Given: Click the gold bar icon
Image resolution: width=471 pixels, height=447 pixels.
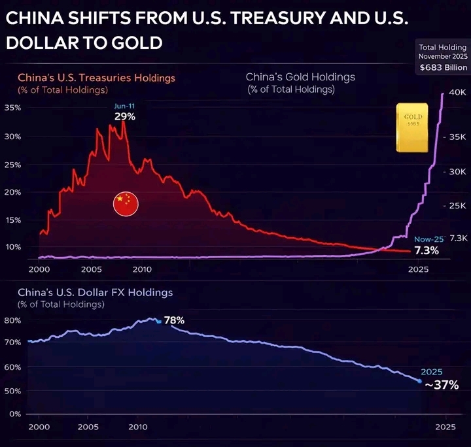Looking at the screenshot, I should [x=412, y=127].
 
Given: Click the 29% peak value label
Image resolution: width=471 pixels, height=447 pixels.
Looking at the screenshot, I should [x=124, y=116].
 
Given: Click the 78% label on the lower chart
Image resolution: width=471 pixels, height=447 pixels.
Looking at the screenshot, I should [x=174, y=321].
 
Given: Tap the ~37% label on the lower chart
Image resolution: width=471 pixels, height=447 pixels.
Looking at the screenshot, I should [x=442, y=385].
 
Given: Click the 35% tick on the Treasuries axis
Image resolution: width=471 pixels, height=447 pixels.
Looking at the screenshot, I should [x=12, y=107].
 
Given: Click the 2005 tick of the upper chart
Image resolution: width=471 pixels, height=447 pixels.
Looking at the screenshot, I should [x=91, y=269].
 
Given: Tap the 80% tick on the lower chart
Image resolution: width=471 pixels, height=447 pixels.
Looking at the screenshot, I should [x=12, y=320].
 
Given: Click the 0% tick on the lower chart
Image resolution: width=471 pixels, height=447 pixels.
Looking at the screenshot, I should [x=14, y=414].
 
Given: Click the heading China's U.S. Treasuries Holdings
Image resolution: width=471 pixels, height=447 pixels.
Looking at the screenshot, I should [x=96, y=78].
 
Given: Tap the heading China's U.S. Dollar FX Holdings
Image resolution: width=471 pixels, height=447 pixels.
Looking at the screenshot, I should [x=95, y=292].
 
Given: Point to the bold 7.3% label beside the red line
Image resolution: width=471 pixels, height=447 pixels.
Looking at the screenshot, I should [x=426, y=250].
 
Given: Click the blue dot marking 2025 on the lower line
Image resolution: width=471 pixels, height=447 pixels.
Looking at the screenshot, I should [x=419, y=381].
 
